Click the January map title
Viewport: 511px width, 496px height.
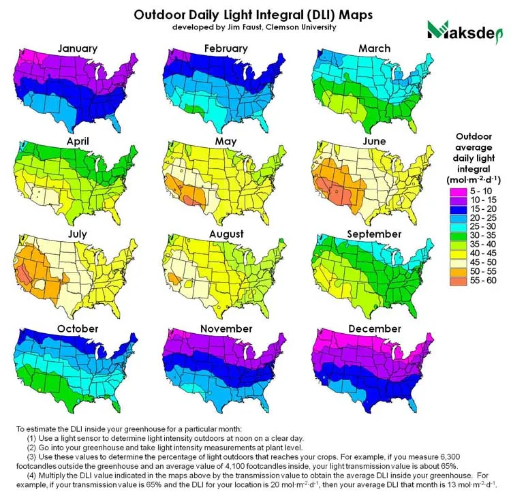[x=77, y=48]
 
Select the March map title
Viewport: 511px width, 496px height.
[x=374, y=48]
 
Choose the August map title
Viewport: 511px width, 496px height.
[x=226, y=234]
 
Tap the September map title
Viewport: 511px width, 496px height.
[x=374, y=234]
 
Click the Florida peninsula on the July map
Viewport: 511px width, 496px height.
[x=121, y=310]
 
